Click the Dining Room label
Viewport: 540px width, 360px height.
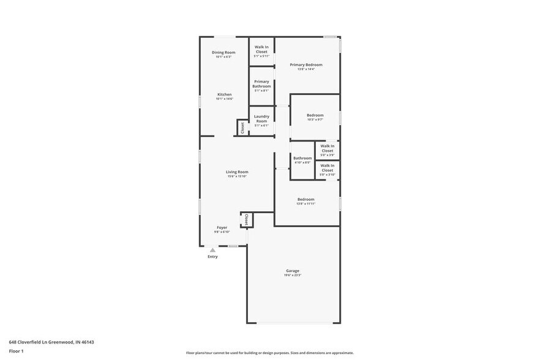click(x=223, y=53)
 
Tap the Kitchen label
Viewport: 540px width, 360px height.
click(x=225, y=94)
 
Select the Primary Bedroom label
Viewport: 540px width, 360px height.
click(x=306, y=64)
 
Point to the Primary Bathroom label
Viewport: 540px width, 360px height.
click(x=261, y=84)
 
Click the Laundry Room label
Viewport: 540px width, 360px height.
click(x=261, y=119)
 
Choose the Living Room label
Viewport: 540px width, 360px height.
click(x=237, y=172)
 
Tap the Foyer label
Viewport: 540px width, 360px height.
click(x=222, y=227)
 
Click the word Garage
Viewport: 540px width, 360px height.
click(x=293, y=271)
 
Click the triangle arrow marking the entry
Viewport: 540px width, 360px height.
click(x=212, y=250)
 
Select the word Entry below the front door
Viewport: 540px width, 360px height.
click(x=212, y=257)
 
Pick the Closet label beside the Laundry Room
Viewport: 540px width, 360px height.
click(x=242, y=128)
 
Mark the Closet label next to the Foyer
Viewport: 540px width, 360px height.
click(x=247, y=219)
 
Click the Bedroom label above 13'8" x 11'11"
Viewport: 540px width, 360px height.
click(x=306, y=199)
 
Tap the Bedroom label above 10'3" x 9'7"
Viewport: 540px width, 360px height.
click(x=315, y=115)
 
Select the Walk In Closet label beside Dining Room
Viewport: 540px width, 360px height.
click(x=261, y=49)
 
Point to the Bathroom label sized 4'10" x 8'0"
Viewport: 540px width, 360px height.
click(x=302, y=158)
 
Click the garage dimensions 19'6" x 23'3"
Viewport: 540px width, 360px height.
click(x=293, y=276)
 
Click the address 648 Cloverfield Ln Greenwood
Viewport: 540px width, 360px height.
click(x=51, y=342)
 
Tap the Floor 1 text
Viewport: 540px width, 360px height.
click(x=16, y=351)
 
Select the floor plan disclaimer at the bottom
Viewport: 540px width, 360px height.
click(x=269, y=353)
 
